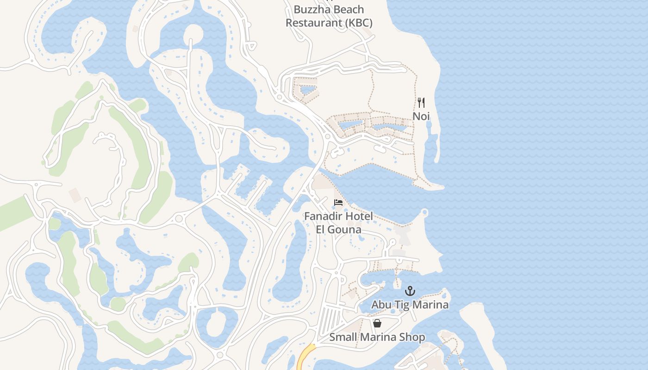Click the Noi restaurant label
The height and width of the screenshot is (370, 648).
[x=421, y=116]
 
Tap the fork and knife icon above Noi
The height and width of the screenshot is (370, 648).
[x=421, y=102]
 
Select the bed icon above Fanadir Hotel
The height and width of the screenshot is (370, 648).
[x=338, y=203]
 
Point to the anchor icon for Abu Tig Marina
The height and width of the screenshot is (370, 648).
[x=410, y=291]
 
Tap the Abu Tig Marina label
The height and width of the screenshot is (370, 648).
[x=410, y=305]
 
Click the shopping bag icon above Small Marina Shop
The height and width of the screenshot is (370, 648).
[x=377, y=323]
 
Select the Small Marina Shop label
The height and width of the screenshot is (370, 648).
[x=377, y=337]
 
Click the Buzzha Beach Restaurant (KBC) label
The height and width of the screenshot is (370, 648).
[x=329, y=16]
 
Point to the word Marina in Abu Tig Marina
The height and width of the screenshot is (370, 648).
[x=431, y=305]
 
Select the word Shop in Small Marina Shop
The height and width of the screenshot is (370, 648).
[x=413, y=337]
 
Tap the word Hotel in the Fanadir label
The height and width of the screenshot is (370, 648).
[x=358, y=216]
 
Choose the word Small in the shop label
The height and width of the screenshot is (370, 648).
[x=343, y=337]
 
